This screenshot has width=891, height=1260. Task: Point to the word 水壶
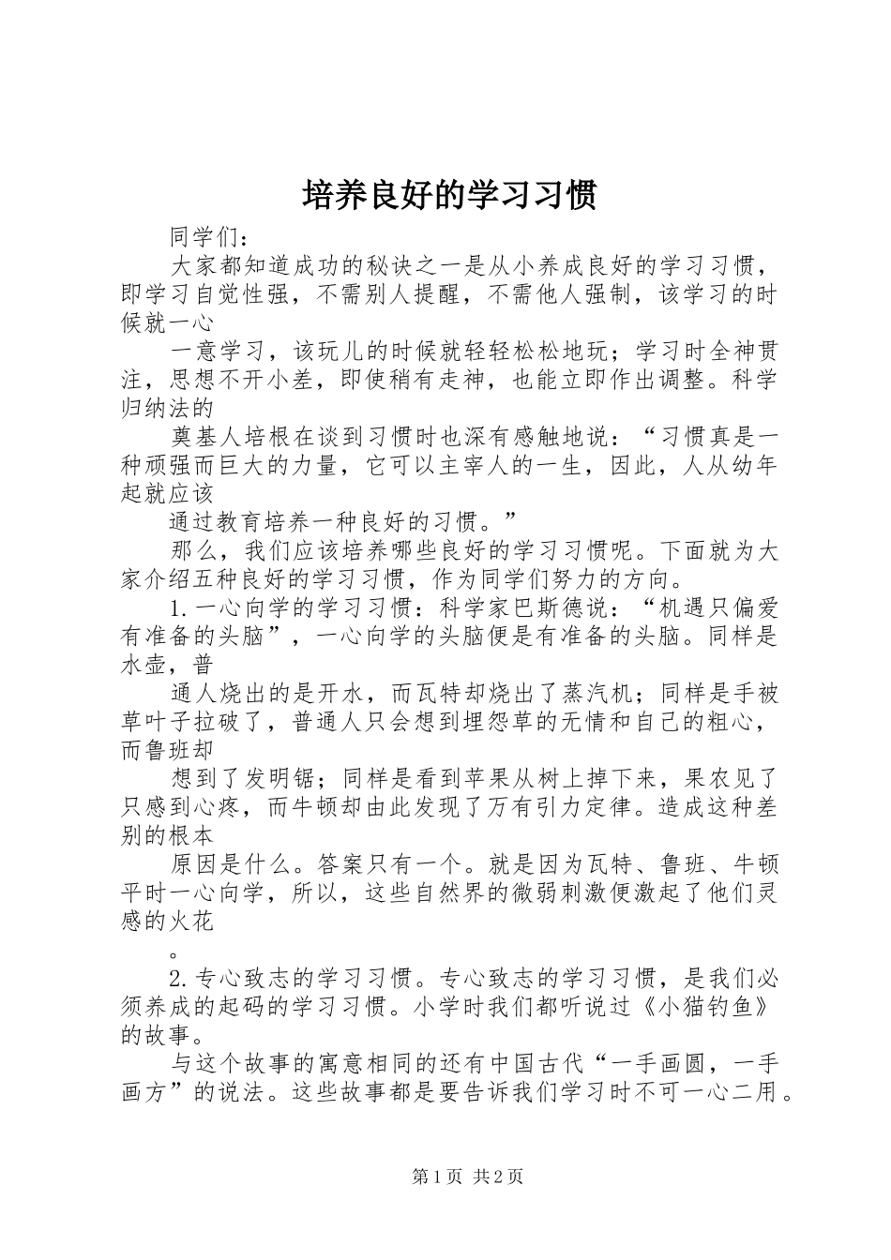(x=144, y=666)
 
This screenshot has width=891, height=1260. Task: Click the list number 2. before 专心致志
(x=180, y=980)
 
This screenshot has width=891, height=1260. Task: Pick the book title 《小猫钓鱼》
(x=717, y=1008)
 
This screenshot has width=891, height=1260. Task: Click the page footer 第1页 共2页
(x=467, y=1177)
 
